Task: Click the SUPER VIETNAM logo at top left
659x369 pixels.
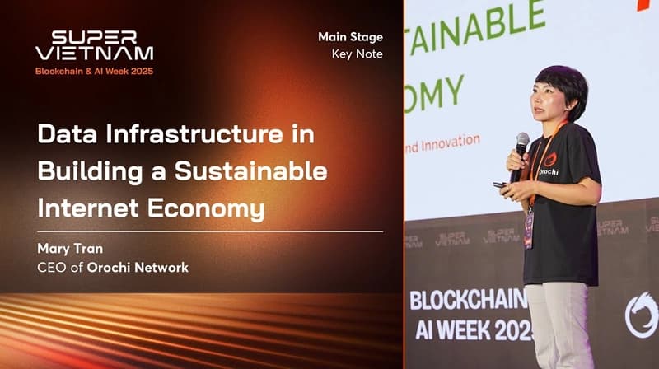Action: pyautogui.click(x=94, y=46)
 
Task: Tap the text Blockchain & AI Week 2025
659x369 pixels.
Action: pyautogui.click(x=94, y=72)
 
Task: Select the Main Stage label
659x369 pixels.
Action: pyautogui.click(x=350, y=36)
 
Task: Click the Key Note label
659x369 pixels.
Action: pyautogui.click(x=358, y=54)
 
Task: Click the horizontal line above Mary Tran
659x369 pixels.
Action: pyautogui.click(x=210, y=231)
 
